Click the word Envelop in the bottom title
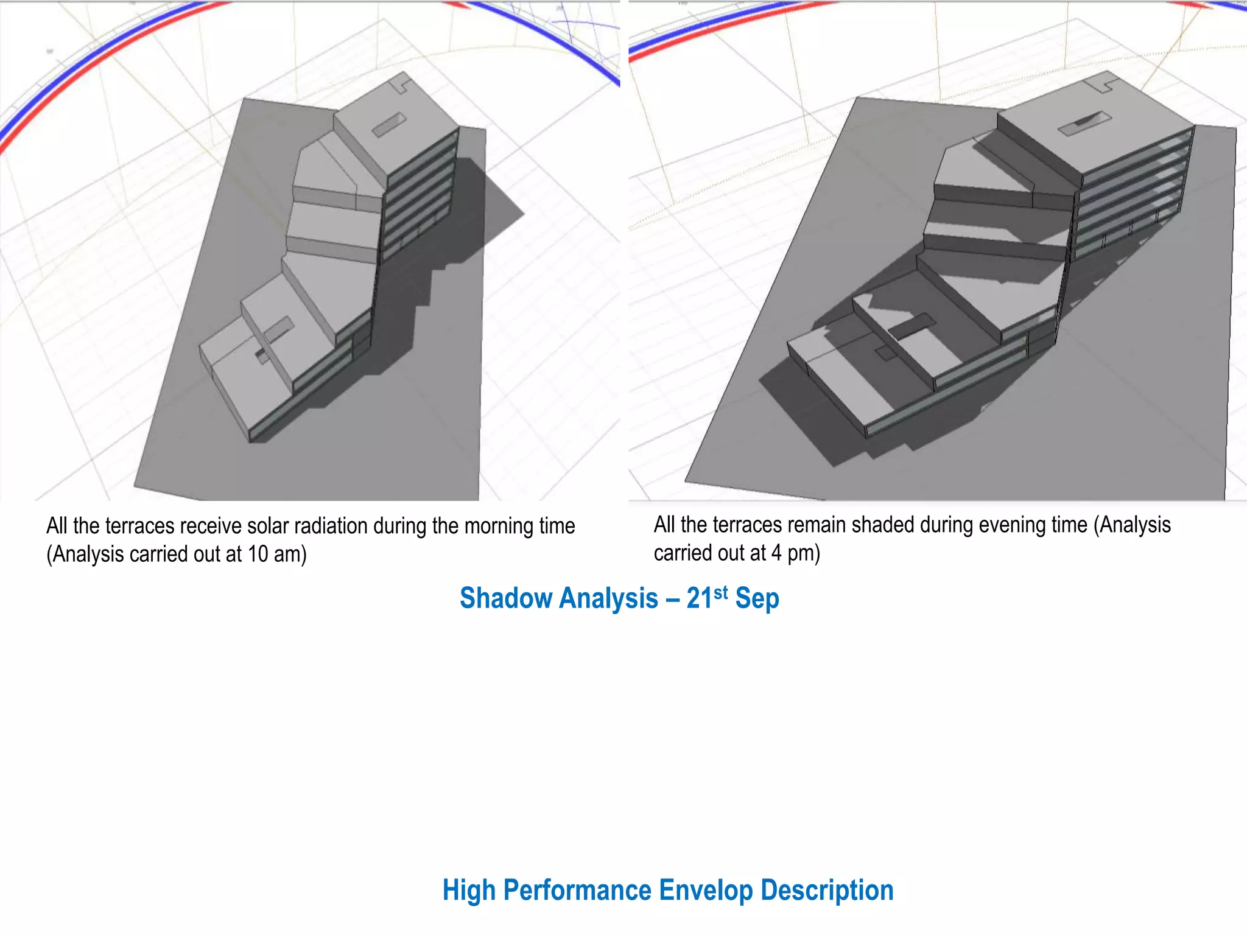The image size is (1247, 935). [706, 891]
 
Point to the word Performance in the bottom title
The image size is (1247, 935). [577, 890]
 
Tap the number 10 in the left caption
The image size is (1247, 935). [258, 554]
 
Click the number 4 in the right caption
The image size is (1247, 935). [776, 553]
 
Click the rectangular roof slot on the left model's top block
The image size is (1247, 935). [388, 125]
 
